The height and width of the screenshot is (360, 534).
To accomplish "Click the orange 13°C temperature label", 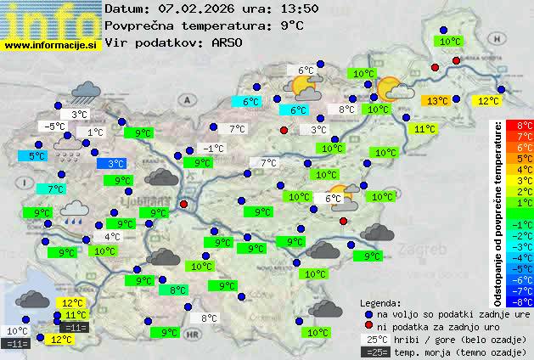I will tap(436, 101).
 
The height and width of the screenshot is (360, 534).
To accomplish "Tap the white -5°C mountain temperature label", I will tap(54, 127).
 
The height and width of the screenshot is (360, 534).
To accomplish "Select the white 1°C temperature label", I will tap(94, 132).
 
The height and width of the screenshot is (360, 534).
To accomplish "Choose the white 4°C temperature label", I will tap(111, 237).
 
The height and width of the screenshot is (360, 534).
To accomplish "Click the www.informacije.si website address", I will tap(51, 45).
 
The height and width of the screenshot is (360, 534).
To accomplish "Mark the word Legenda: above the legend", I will tap(380, 301).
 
